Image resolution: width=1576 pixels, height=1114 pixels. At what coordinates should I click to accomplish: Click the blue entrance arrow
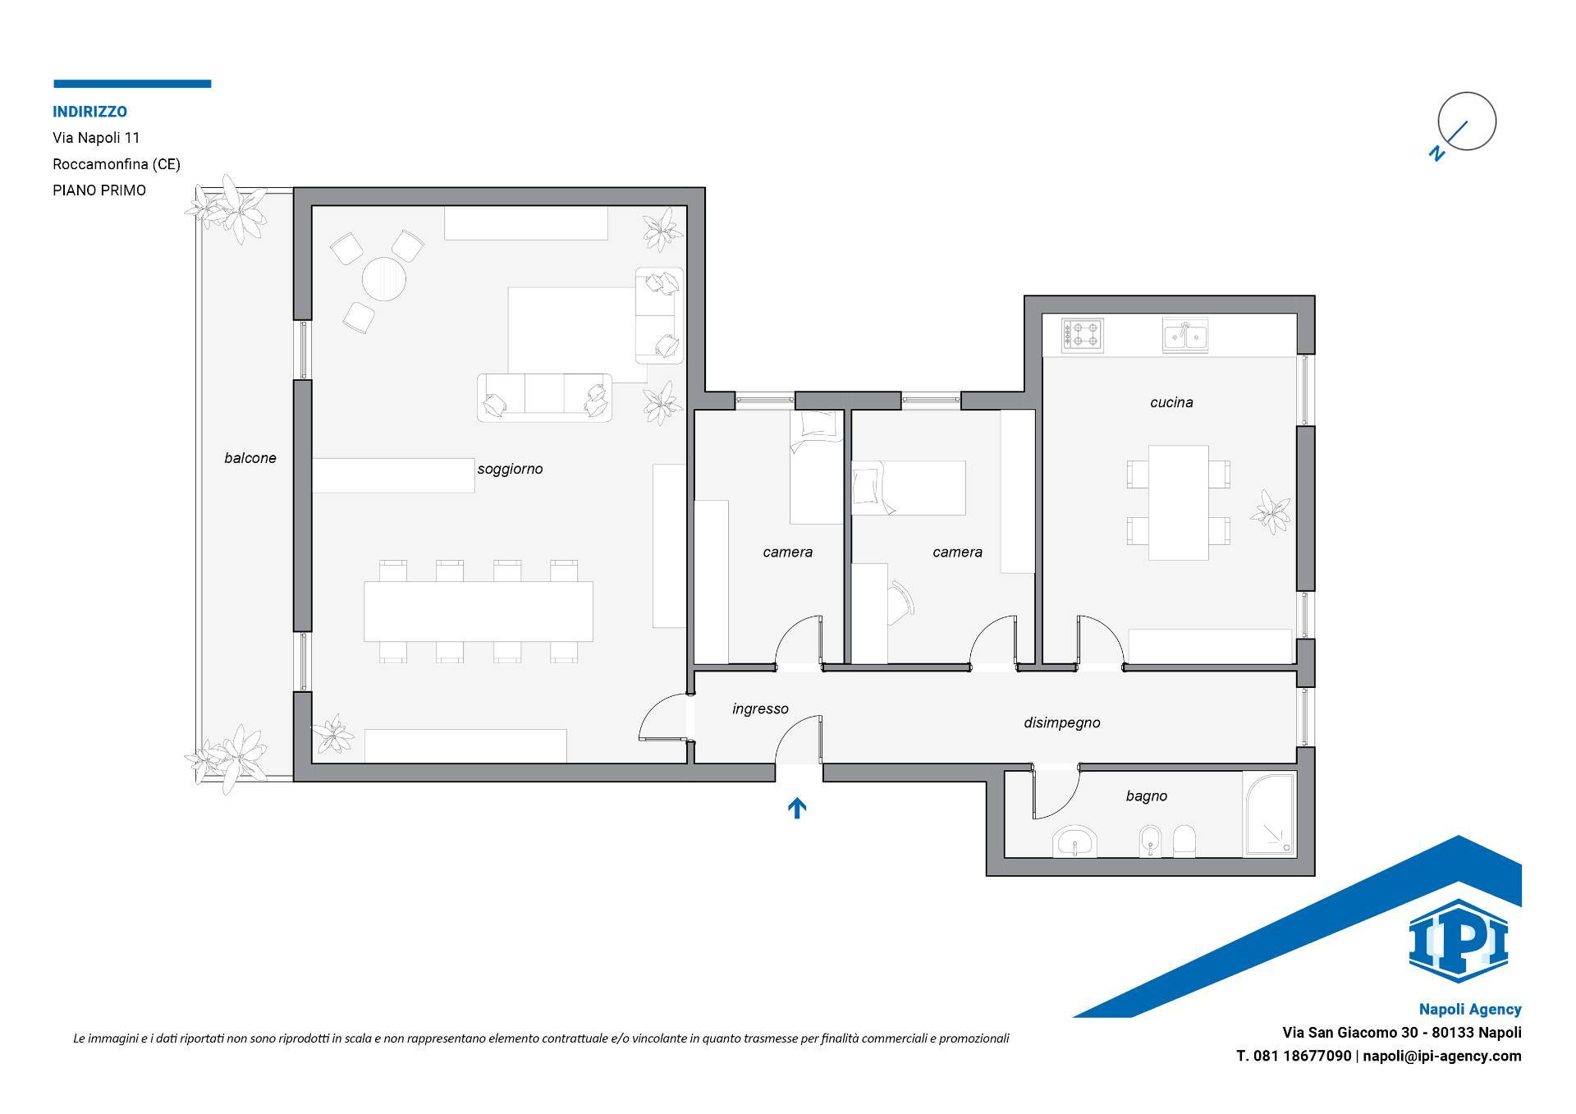pyautogui.click(x=797, y=809)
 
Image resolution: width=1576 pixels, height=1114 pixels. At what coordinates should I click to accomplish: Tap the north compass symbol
pyautogui.click(x=1466, y=123)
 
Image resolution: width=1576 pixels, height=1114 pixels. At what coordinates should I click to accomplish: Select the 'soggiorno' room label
pyautogui.click(x=510, y=470)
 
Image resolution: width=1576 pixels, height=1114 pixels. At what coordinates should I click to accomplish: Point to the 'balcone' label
pyautogui.click(x=250, y=458)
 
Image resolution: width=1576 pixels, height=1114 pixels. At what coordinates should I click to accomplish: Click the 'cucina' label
pyautogui.click(x=1171, y=402)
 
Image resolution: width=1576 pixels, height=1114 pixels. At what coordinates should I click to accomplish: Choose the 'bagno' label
pyautogui.click(x=1147, y=796)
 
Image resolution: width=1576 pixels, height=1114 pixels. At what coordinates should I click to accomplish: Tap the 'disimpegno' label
pyautogui.click(x=1062, y=723)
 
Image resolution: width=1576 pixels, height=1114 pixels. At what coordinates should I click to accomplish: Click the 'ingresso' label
pyautogui.click(x=760, y=709)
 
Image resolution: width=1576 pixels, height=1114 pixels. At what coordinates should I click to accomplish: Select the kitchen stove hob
pyautogui.click(x=1083, y=335)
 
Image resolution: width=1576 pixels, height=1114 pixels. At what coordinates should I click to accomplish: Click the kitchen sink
pyautogui.click(x=1184, y=336)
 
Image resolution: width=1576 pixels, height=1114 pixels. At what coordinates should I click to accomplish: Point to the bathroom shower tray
pyautogui.click(x=1268, y=814)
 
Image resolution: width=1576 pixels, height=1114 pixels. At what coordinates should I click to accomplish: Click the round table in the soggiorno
pyautogui.click(x=384, y=280)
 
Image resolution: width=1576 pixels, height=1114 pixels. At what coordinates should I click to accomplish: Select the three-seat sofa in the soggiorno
pyautogui.click(x=545, y=397)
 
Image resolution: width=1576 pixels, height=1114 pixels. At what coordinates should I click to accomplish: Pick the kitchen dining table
pyautogui.click(x=1178, y=502)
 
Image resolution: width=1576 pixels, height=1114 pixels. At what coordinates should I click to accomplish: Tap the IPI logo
pyautogui.click(x=1458, y=941)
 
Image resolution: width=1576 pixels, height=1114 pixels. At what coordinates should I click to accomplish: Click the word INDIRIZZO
pyautogui.click(x=90, y=112)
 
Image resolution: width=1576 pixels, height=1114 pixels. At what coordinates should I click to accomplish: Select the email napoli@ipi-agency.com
pyautogui.click(x=1442, y=1056)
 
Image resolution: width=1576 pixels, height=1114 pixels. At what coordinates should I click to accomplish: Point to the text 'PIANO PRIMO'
pyautogui.click(x=99, y=190)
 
